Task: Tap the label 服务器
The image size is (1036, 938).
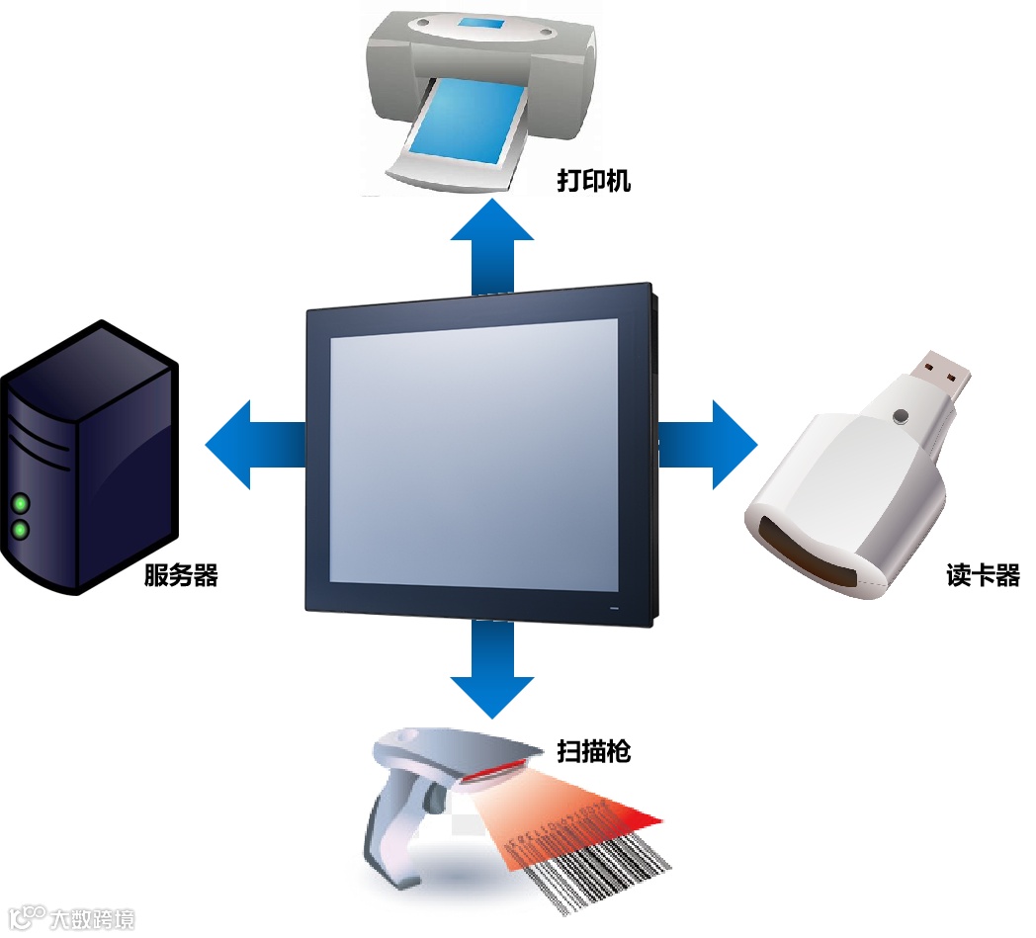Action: click(181, 575)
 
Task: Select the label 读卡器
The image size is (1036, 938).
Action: click(983, 576)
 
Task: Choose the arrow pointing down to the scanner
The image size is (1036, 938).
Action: click(492, 672)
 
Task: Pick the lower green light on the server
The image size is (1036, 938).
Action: click(19, 532)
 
